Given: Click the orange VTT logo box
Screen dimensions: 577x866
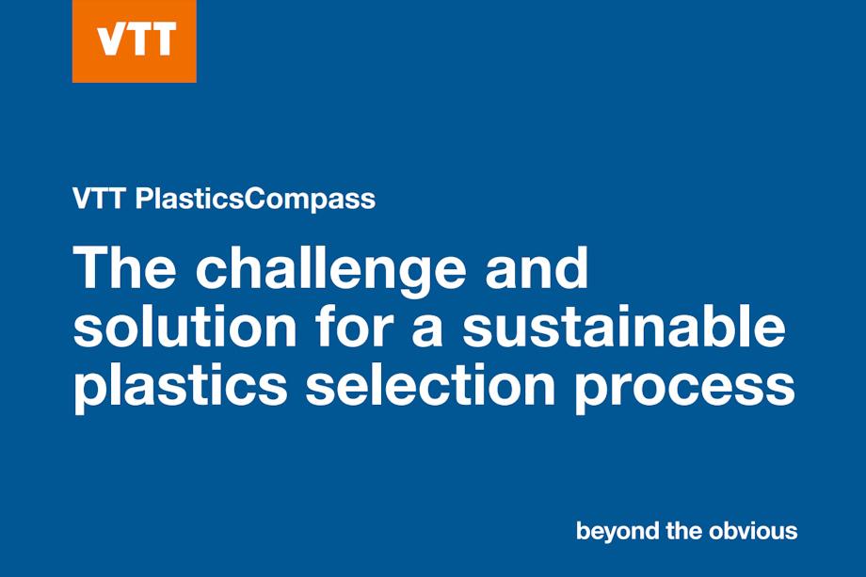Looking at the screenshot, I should coord(134,41).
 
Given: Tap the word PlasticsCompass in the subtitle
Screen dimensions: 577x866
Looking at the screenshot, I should coord(255,200).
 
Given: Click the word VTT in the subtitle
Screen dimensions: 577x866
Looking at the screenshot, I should coord(100,200).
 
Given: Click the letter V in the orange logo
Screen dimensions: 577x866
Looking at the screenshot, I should coord(112,41).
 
